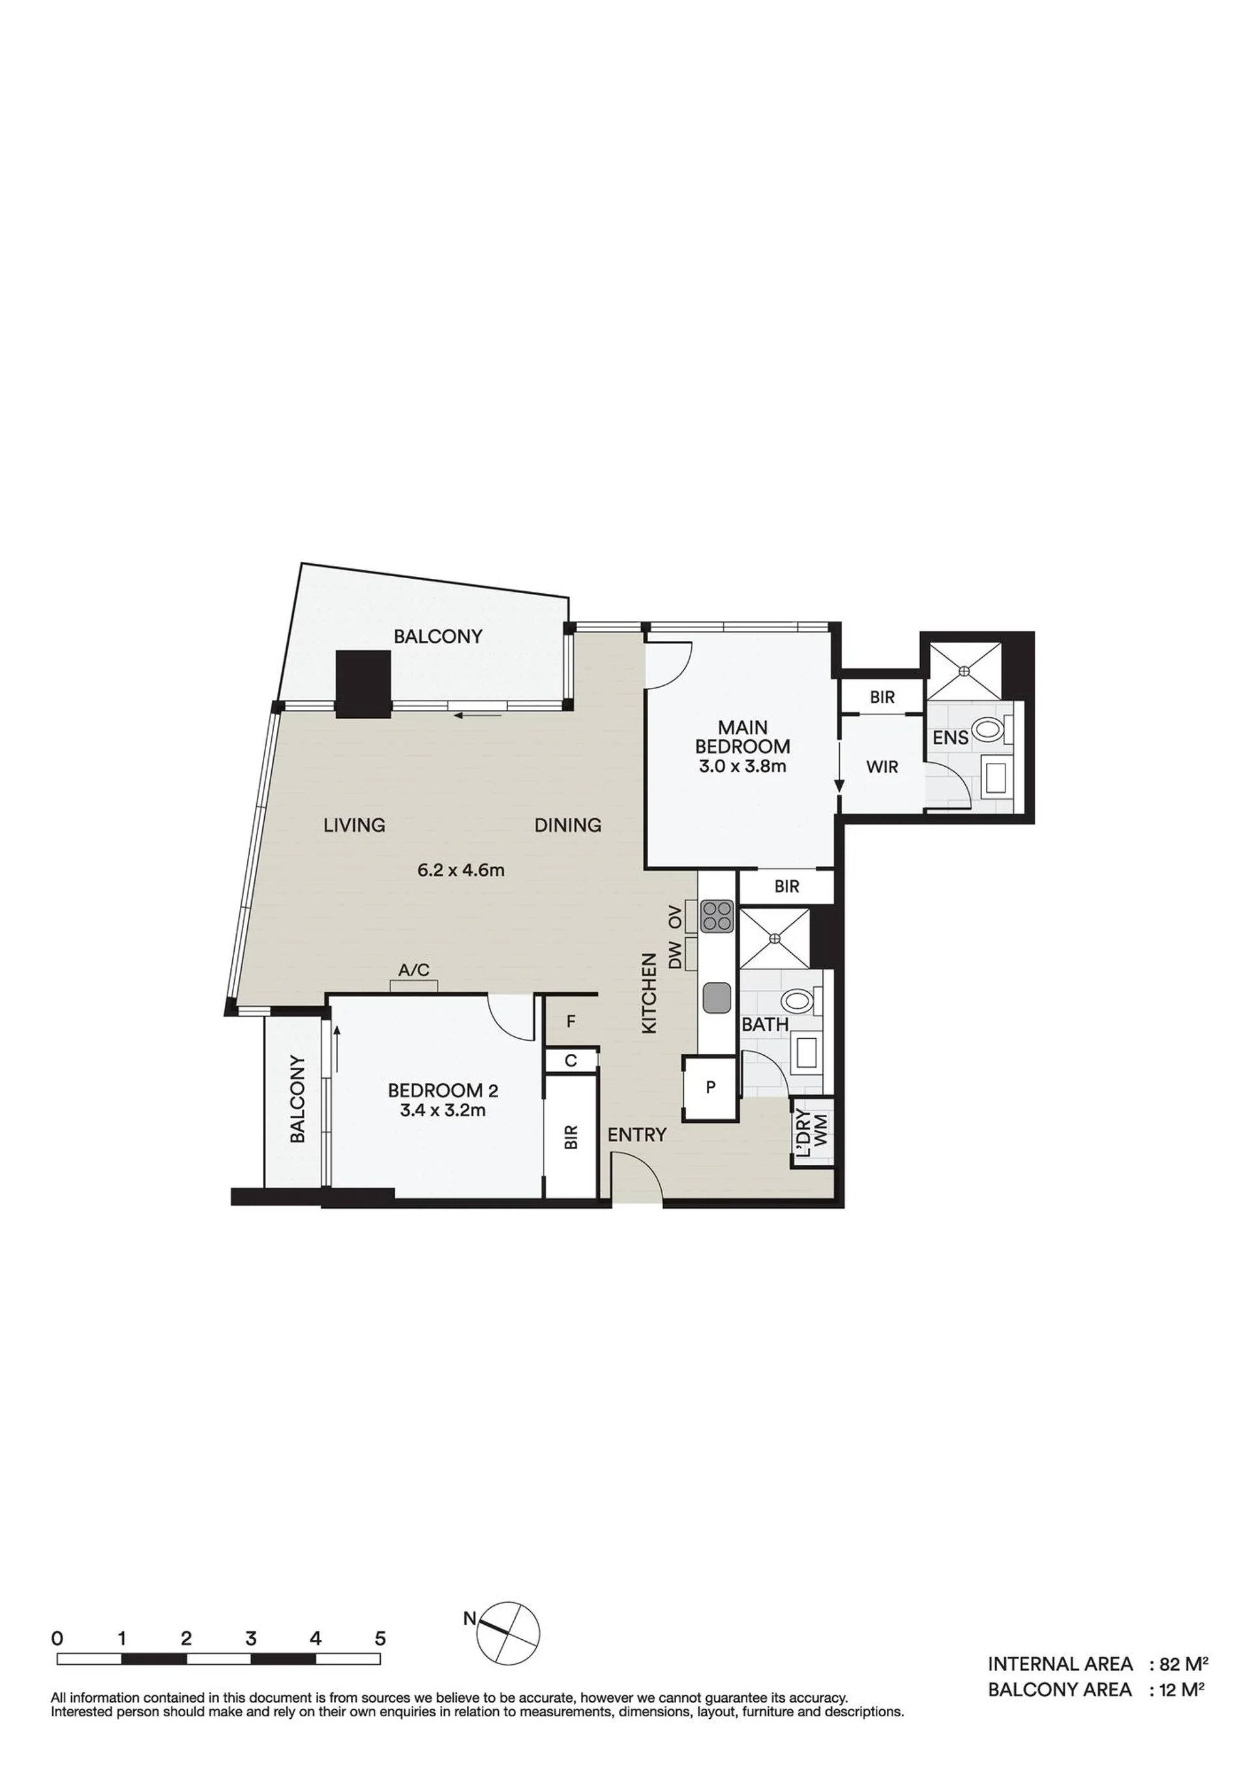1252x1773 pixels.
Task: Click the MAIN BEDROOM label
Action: (x=742, y=737)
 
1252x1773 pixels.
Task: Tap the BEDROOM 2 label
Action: (x=442, y=1090)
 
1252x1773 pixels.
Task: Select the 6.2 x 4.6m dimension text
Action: (x=461, y=871)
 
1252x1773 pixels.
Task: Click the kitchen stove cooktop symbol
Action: (x=715, y=917)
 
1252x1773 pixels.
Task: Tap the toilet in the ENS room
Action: (x=991, y=728)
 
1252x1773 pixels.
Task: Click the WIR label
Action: (x=882, y=767)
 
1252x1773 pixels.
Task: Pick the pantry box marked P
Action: (x=711, y=1088)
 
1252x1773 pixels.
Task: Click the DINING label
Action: (x=568, y=825)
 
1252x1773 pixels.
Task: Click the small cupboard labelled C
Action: (x=571, y=1060)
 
